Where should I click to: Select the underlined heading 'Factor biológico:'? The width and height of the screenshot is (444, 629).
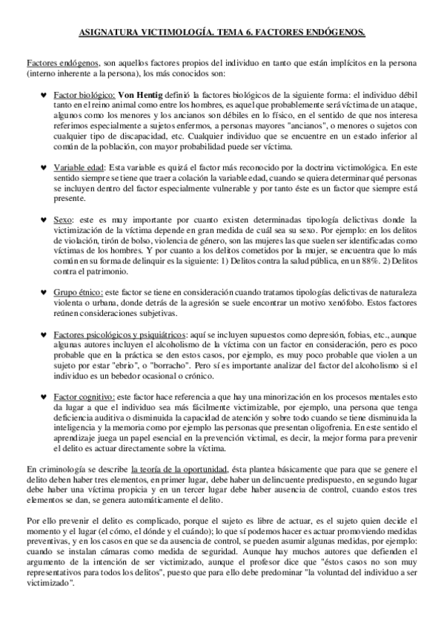pyautogui.click(x=85, y=96)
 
